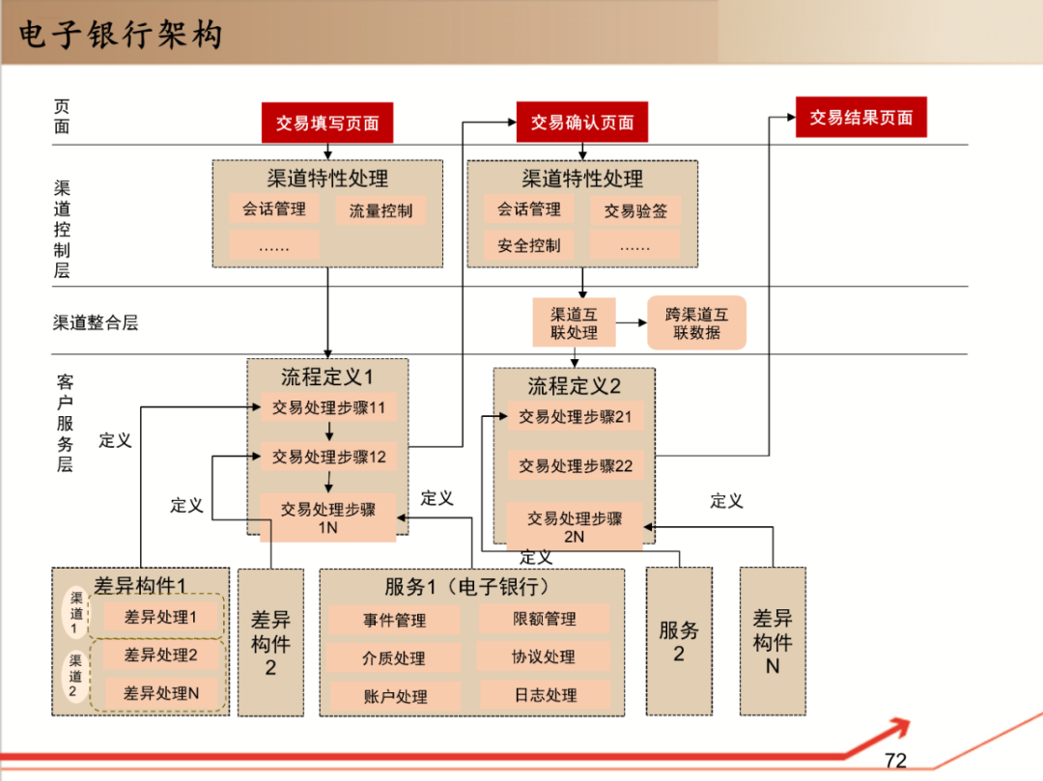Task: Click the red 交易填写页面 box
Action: pyautogui.click(x=326, y=123)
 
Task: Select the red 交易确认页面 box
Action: pyautogui.click(x=581, y=123)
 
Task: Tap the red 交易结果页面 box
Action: pyautogui.click(x=860, y=117)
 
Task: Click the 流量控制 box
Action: pyautogui.click(x=381, y=210)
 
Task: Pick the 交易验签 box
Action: pyautogui.click(x=634, y=210)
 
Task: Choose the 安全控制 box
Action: pyautogui.click(x=528, y=245)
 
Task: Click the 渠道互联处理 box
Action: pyautogui.click(x=574, y=323)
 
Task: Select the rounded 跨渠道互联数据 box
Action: pyautogui.click(x=697, y=323)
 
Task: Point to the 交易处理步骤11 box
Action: pyautogui.click(x=328, y=407)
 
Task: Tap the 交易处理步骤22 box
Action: pyautogui.click(x=576, y=465)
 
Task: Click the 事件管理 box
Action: pyautogui.click(x=394, y=620)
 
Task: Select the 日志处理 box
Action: pyautogui.click(x=544, y=694)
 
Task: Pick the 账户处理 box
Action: pyautogui.click(x=394, y=696)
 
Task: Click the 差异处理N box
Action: pyautogui.click(x=160, y=692)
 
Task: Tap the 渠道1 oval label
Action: pyautogui.click(x=76, y=611)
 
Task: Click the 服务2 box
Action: pyautogui.click(x=678, y=641)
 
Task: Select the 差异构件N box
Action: pyautogui.click(x=772, y=641)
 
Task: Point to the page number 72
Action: pyautogui.click(x=895, y=761)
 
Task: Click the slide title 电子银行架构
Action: pyautogui.click(x=121, y=34)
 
